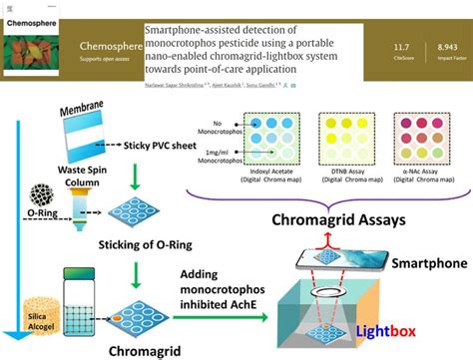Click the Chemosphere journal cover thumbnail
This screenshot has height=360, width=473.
[x=38, y=45]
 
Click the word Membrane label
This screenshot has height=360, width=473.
[x=93, y=114]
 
